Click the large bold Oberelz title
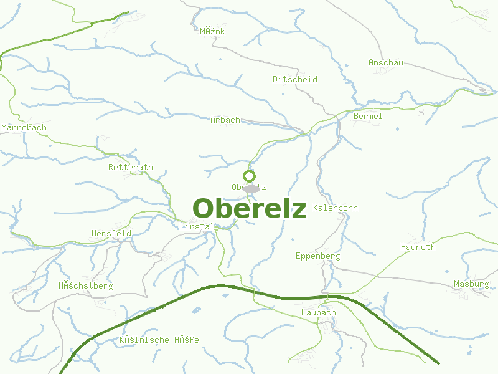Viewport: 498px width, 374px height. pos(249,209)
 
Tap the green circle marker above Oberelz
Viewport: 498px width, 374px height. pos(250,176)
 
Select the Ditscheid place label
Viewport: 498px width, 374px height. pos(294,79)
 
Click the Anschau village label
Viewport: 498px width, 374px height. pos(386,62)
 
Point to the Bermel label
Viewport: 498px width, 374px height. pos(367,116)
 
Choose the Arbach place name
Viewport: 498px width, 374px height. pos(225,120)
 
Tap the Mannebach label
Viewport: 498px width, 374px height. pos(24,127)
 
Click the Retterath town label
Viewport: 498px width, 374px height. pos(130,167)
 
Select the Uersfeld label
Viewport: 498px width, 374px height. pos(111,233)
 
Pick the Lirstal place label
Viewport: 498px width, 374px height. pos(196,226)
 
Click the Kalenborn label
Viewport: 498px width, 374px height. pos(336,208)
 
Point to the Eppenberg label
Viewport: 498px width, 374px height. pos(317,256)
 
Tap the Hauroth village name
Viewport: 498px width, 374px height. pos(418,247)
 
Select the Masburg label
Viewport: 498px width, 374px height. pos(471,284)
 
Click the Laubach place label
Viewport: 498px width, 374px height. pos(318,312)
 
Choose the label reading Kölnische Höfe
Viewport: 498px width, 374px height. pos(159,340)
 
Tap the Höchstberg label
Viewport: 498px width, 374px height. pos(85,285)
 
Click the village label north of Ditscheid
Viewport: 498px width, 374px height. pos(212,31)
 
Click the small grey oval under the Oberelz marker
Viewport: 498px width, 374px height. pos(251,188)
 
